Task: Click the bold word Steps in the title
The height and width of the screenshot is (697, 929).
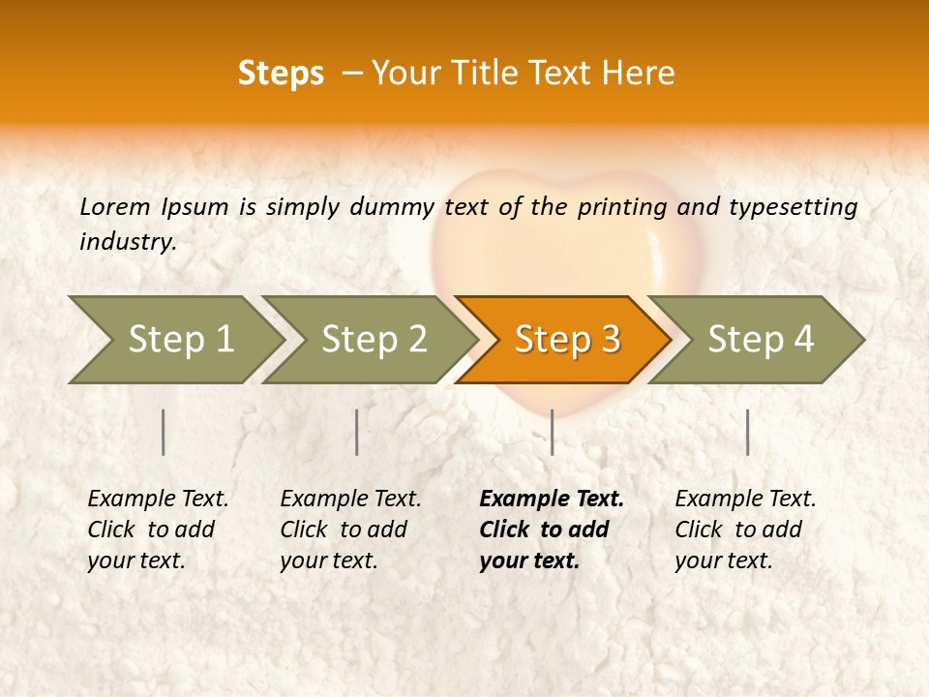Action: [x=281, y=74]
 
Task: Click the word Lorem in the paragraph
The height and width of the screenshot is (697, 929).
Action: [x=114, y=206]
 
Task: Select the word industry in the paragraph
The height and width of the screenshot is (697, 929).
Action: [x=127, y=242]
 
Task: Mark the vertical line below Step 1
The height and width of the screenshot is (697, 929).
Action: [x=164, y=432]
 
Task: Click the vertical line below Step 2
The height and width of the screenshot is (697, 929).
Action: [x=357, y=432]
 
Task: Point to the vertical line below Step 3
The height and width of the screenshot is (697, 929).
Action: [x=552, y=432]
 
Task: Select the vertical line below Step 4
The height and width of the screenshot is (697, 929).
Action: [x=747, y=432]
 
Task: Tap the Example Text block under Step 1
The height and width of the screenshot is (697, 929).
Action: [x=158, y=530]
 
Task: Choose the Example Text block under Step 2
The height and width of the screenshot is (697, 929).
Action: [x=350, y=530]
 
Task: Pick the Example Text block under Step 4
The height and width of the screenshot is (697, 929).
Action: [x=745, y=530]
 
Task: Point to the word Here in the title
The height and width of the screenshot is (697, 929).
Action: [x=643, y=74]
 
